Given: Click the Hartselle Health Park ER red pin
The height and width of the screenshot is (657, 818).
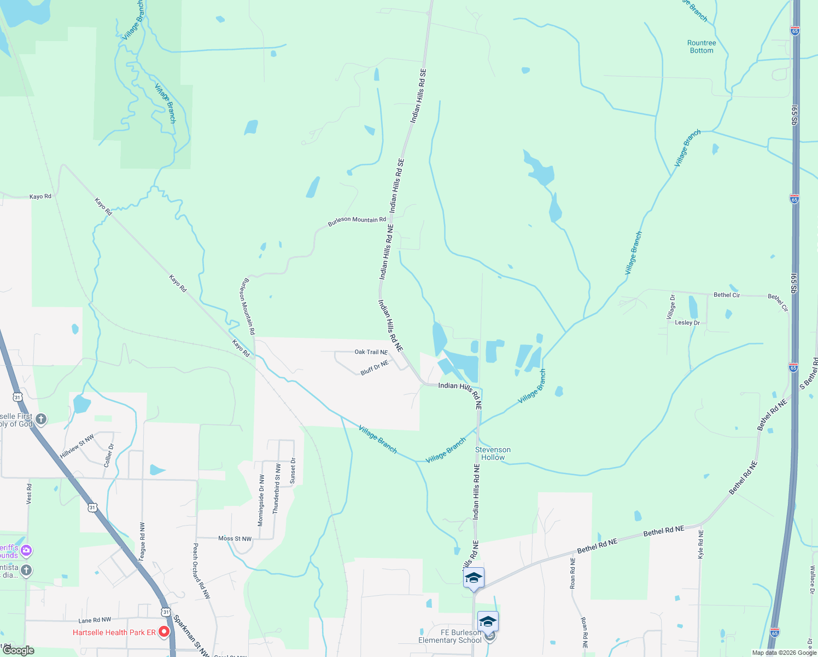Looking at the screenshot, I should click(x=164, y=632).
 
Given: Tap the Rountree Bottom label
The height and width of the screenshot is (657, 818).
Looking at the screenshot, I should click(x=702, y=47).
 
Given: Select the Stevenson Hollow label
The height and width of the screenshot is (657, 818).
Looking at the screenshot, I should click(x=493, y=453).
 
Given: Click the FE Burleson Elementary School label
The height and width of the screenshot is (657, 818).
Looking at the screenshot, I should click(x=450, y=636).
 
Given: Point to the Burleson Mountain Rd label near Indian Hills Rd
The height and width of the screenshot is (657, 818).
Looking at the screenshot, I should click(x=357, y=220).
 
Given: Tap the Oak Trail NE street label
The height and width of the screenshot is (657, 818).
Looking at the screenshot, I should click(x=371, y=352).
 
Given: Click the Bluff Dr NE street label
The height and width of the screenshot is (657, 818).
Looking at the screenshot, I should click(x=375, y=368).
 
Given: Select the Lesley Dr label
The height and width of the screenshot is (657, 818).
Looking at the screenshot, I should click(x=687, y=322).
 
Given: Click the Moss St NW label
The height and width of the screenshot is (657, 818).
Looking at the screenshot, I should click(x=235, y=539).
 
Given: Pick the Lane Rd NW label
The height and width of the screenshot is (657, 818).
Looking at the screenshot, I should click(x=95, y=620).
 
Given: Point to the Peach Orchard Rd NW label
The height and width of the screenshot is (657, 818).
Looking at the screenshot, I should click(x=201, y=570).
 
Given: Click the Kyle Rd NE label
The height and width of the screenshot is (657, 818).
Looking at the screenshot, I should click(x=701, y=544).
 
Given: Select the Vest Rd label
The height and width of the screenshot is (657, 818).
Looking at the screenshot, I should click(x=30, y=493).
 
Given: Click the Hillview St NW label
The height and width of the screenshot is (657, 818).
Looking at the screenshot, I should click(x=77, y=446).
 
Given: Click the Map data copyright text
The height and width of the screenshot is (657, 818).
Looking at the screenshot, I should click(x=784, y=653).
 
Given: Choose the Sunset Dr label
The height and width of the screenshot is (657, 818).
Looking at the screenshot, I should click(x=293, y=471).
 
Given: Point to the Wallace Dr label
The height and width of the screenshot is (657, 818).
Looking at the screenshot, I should click(x=812, y=579).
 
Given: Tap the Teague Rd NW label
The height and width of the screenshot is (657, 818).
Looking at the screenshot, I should click(x=142, y=541).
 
